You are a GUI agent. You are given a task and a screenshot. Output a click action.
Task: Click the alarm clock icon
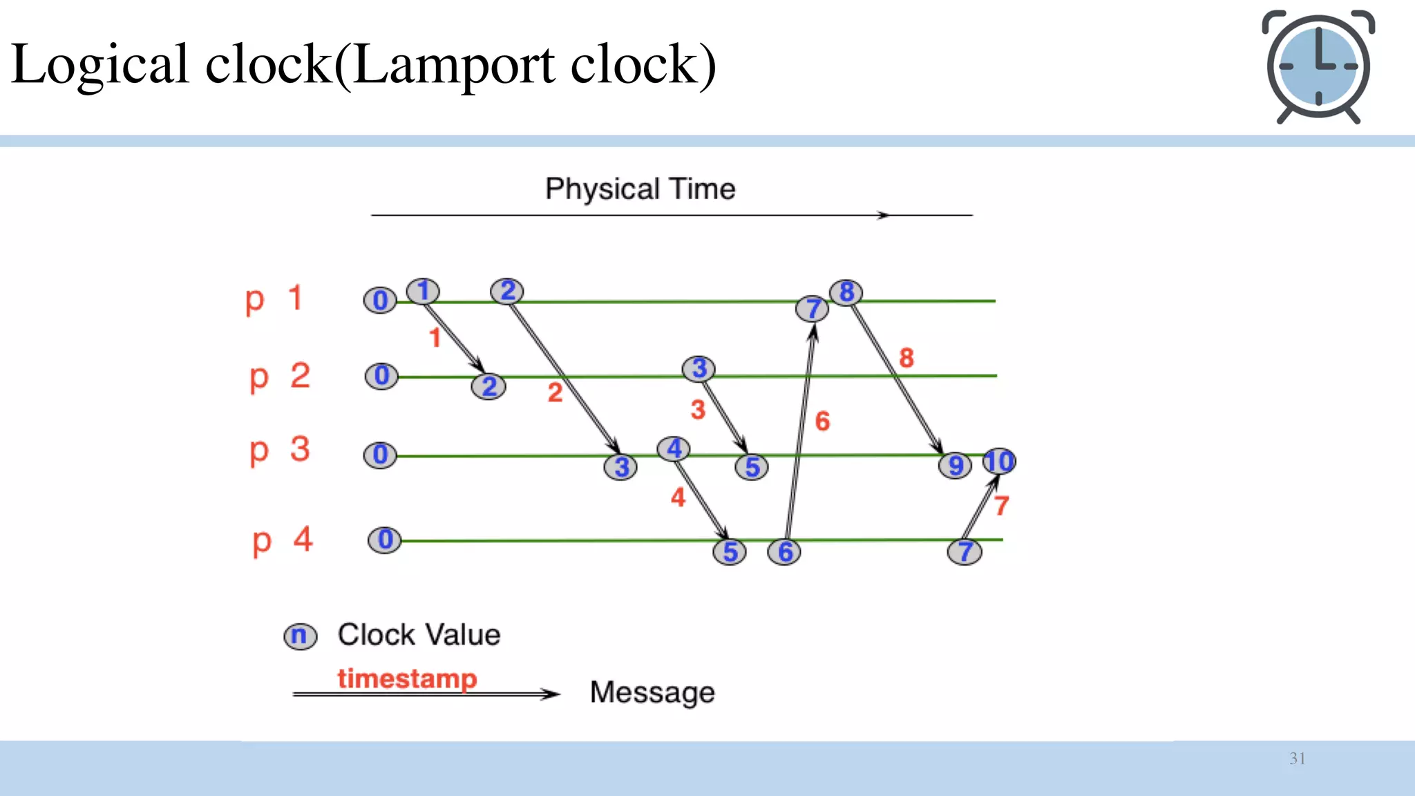coord(1318,66)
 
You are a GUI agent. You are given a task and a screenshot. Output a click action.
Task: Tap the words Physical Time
coord(640,189)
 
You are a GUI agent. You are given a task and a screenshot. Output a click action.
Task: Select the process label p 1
coord(274,299)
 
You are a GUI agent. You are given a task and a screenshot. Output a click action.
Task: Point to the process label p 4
coord(283,540)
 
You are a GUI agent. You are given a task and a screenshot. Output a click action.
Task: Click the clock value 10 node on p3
coord(999,461)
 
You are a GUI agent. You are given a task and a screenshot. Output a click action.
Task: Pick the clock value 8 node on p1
coord(846,292)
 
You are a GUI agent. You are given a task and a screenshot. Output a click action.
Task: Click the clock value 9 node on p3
coord(956,465)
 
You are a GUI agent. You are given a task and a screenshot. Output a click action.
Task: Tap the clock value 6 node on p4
coord(785,551)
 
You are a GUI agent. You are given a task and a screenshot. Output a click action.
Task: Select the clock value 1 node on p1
coord(423,291)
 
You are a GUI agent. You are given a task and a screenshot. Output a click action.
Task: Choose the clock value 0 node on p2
coord(381,376)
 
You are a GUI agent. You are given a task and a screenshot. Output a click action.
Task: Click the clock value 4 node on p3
coord(674,448)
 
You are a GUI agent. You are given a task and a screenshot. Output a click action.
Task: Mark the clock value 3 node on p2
coord(699,368)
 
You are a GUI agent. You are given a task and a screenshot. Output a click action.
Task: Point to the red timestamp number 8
coord(906,358)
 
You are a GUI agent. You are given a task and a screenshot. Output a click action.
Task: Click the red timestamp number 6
coord(822,421)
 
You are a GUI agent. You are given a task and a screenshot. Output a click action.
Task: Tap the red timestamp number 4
coord(678,497)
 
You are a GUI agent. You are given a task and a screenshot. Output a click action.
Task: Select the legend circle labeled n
coord(300,636)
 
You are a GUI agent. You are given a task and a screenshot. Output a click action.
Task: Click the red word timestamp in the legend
coord(407,678)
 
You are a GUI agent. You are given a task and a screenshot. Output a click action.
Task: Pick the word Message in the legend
coord(652,692)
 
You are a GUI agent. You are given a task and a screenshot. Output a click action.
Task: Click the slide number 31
coord(1297,759)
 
